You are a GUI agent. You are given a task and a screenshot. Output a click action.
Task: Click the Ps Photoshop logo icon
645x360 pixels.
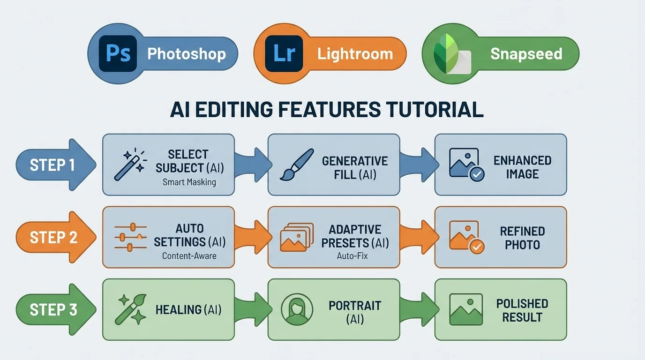tap(118, 53)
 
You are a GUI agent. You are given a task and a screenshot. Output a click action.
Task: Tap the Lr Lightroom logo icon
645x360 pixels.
tap(283, 53)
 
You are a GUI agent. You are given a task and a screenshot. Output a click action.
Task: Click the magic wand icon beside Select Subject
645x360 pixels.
tap(130, 165)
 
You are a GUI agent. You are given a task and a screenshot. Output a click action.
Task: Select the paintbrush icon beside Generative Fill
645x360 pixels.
tap(296, 165)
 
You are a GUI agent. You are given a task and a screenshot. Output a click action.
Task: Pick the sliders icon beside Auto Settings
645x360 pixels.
tap(130, 237)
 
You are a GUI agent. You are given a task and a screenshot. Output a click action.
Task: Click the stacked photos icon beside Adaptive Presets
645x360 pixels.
tap(296, 237)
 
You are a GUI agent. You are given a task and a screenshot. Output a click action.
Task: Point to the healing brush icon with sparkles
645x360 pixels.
tap(130, 309)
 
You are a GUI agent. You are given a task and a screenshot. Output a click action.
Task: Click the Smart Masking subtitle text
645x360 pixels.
tap(189, 182)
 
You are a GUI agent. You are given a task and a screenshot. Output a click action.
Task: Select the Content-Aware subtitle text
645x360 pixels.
tap(189, 256)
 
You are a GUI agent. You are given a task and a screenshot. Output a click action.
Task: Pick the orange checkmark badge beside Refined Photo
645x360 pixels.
tap(477, 246)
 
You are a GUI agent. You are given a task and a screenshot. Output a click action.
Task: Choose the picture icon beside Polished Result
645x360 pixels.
tap(465, 310)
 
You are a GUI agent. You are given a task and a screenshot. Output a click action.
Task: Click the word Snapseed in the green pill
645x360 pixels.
tap(526, 54)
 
